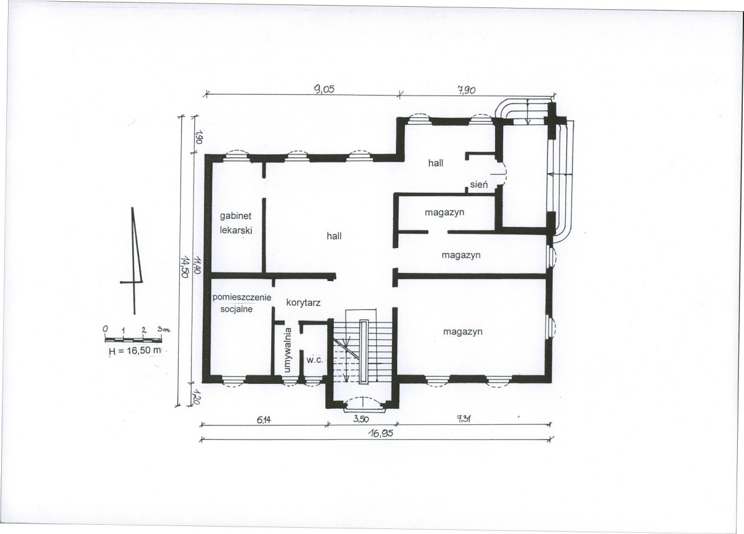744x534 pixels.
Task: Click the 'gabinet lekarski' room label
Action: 236,223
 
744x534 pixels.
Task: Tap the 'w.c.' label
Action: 315,360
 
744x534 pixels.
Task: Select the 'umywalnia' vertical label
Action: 287,350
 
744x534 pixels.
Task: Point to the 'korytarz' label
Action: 303,302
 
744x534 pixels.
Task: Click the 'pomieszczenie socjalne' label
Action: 241,303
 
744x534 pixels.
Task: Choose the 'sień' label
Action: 479,184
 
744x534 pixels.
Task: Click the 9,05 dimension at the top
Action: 325,89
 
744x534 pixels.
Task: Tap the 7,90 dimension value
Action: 466,90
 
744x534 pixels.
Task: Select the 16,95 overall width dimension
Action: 381,432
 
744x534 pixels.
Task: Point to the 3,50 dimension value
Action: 361,419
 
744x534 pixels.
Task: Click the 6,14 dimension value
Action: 265,419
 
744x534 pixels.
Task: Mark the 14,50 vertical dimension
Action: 185,267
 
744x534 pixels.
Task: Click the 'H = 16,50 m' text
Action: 135,352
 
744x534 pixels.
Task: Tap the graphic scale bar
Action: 133,339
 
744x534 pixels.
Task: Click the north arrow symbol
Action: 134,261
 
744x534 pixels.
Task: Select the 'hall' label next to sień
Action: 436,162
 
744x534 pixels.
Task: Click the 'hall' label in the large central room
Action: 334,236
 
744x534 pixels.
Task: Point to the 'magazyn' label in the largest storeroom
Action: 463,331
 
